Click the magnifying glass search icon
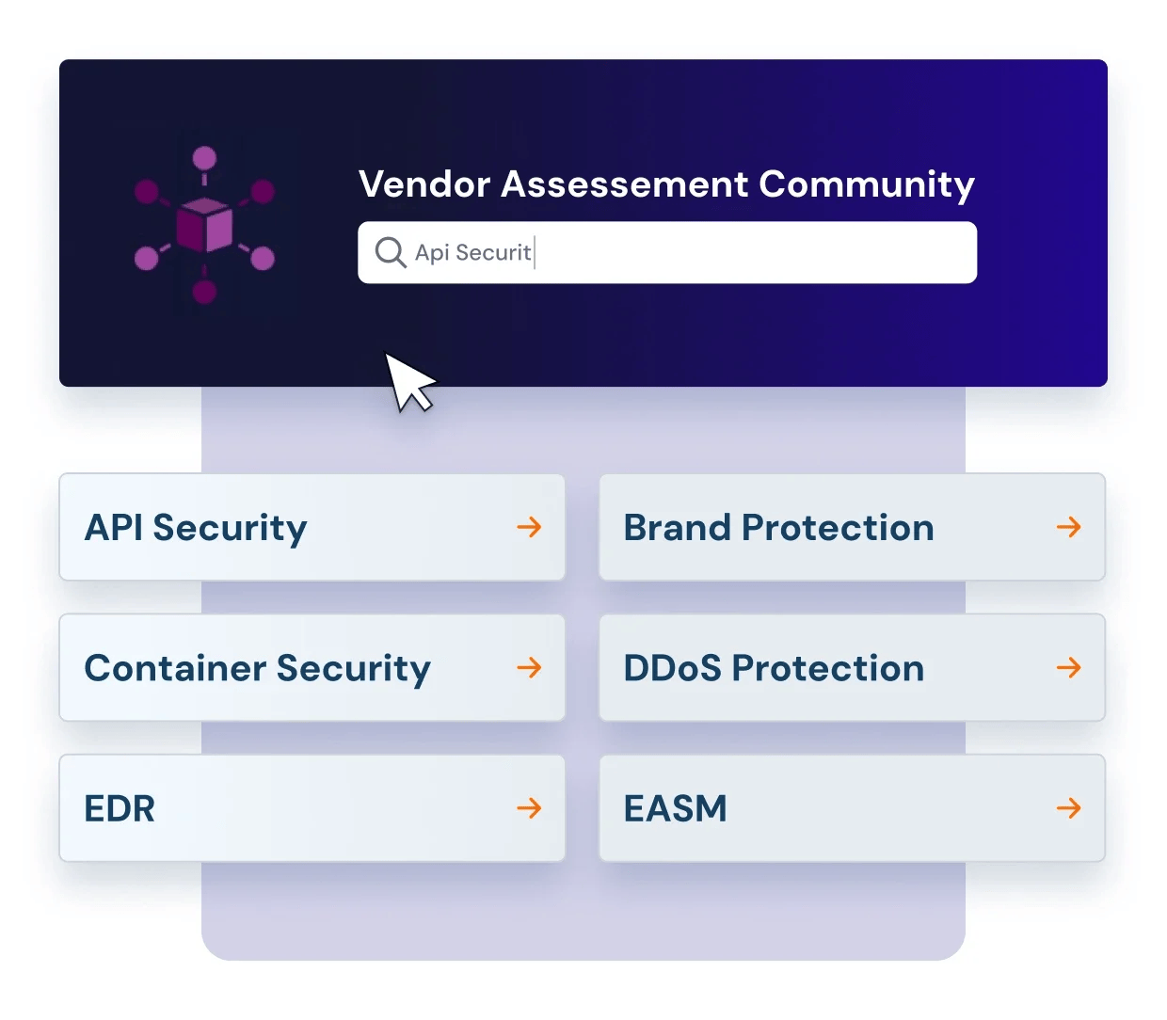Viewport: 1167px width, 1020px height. point(390,252)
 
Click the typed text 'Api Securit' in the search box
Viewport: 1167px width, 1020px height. point(472,252)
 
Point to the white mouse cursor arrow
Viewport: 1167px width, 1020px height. point(408,379)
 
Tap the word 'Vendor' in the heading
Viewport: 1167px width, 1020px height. point(424,184)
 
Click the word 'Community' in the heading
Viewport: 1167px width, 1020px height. point(867,184)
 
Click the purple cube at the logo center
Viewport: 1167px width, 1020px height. point(204,225)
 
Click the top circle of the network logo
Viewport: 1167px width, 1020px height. point(204,158)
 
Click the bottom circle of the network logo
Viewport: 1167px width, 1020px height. point(204,293)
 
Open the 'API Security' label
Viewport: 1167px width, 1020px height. point(196,528)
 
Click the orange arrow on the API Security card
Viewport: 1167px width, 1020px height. point(529,527)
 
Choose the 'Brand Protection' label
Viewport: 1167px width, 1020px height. point(778,528)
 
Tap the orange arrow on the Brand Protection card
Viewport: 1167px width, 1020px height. point(1068,527)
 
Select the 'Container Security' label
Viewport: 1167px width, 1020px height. point(257,668)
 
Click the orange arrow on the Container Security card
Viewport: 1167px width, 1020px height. point(529,668)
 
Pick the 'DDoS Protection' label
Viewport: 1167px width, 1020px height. point(774,668)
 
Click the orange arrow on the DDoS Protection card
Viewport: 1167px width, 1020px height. point(1068,668)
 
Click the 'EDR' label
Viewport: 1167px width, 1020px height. point(120,808)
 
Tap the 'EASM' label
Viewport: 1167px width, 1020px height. point(675,808)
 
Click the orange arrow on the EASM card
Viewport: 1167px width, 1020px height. point(1068,807)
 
